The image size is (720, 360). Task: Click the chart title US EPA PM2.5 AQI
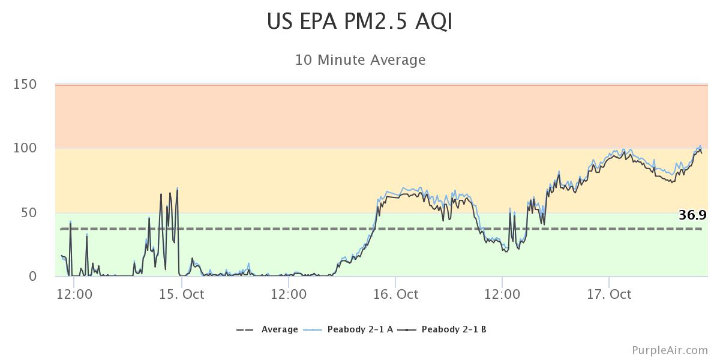[x=360, y=22]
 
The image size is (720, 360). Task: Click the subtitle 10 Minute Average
[x=360, y=60]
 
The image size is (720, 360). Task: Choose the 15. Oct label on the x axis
[x=181, y=295]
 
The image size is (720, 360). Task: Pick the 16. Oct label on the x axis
[x=395, y=295]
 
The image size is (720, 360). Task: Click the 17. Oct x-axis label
[x=609, y=295]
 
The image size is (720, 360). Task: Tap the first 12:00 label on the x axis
[x=74, y=295]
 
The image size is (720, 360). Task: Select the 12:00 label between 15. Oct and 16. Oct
[x=289, y=295]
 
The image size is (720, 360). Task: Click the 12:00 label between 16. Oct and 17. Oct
[x=502, y=295]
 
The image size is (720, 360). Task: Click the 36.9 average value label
[x=692, y=215]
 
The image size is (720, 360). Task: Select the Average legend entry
[x=280, y=329]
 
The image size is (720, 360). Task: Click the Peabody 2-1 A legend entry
[x=360, y=329]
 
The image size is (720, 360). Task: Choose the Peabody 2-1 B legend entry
[x=454, y=329]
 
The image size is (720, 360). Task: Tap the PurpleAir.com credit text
[x=670, y=350]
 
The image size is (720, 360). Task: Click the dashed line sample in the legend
[x=245, y=329]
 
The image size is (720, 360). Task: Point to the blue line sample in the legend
[x=314, y=329]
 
